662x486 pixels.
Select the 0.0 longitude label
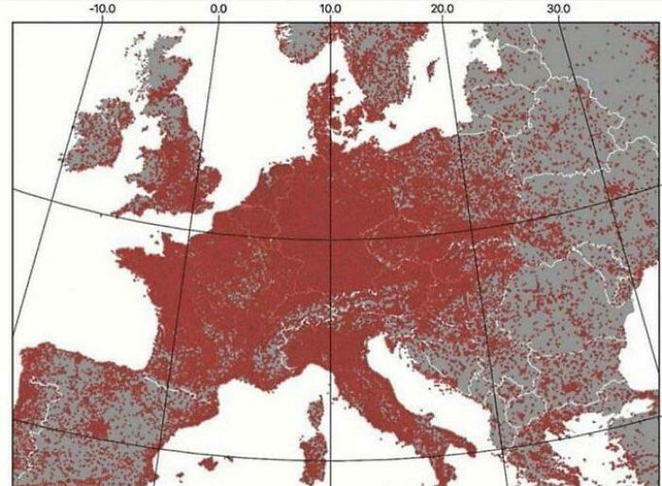point(218,9)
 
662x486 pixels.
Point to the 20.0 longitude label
point(443,9)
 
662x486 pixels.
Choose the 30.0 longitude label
point(559,9)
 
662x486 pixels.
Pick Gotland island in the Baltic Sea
point(432,70)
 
